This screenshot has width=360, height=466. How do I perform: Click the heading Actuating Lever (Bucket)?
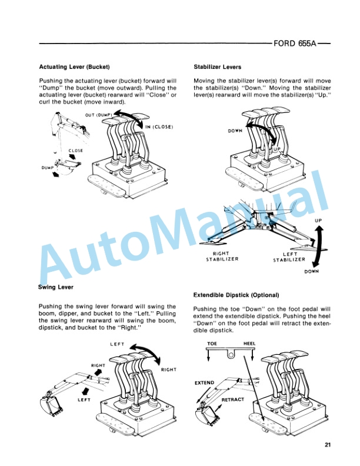pyautogui.click(x=75, y=66)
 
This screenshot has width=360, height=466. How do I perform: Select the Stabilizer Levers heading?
pyautogui.click(x=218, y=66)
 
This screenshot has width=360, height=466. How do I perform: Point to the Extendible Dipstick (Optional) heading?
pyautogui.click(x=236, y=294)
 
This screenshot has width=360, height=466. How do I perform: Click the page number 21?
pyautogui.click(x=328, y=444)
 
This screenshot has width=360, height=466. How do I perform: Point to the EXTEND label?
pyautogui.click(x=204, y=383)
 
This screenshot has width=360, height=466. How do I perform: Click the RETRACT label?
pyautogui.click(x=232, y=400)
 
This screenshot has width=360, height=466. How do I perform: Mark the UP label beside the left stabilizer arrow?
pyautogui.click(x=318, y=221)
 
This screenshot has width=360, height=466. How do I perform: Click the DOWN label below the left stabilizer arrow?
pyautogui.click(x=311, y=271)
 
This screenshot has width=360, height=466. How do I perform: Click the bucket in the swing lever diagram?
pyautogui.click(x=51, y=405)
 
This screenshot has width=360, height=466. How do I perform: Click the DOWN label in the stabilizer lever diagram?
pyautogui.click(x=235, y=131)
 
